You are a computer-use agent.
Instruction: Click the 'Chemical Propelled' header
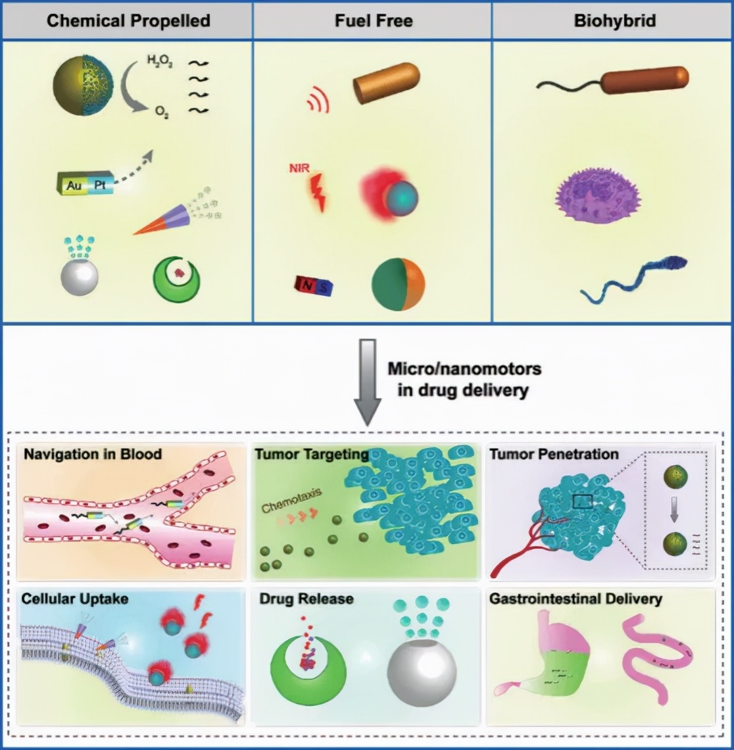128,20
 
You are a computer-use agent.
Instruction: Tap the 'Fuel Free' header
373,20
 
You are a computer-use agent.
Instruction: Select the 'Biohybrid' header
614,20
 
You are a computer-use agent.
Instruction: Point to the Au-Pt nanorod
85,184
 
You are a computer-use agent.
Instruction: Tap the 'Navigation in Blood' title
92,454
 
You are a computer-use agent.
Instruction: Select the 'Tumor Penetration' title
554,454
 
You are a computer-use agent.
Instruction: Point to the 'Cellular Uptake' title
74,599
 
